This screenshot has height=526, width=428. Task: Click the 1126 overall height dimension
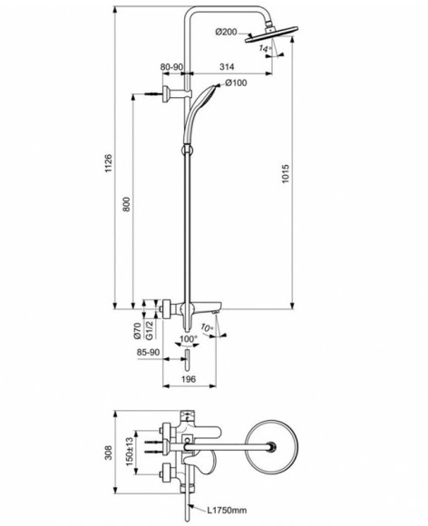coord(108,163)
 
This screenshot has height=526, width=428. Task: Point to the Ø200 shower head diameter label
coord(228,33)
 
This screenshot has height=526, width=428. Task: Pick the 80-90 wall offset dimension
coord(172,67)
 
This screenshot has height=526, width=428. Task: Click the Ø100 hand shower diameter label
coord(236,83)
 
